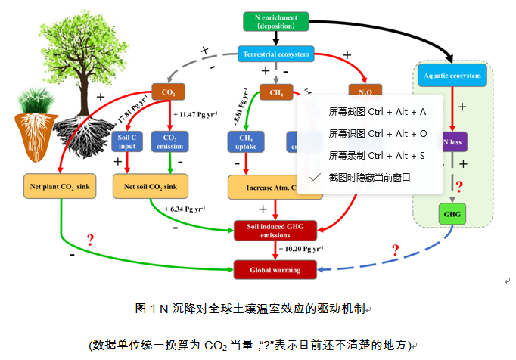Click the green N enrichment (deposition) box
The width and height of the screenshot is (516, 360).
click(x=277, y=22)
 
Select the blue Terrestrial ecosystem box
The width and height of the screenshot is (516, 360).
click(x=275, y=54)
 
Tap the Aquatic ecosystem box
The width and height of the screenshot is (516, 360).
click(x=452, y=76)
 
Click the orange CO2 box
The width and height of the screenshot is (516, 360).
click(x=168, y=93)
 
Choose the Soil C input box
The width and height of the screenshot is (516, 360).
click(x=127, y=141)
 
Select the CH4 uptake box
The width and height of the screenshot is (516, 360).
click(x=245, y=141)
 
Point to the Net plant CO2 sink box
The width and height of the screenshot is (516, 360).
click(x=60, y=186)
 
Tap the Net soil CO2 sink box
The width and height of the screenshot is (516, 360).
click(x=151, y=186)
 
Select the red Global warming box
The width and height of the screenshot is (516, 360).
click(x=275, y=269)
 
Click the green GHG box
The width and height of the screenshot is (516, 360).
click(x=452, y=214)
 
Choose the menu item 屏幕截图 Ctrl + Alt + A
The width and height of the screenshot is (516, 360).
click(x=378, y=111)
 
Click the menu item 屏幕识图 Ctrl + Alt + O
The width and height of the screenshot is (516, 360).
click(x=378, y=133)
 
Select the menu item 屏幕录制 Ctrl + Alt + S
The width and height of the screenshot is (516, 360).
click(x=378, y=155)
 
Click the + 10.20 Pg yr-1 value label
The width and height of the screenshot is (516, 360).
click(x=301, y=249)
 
